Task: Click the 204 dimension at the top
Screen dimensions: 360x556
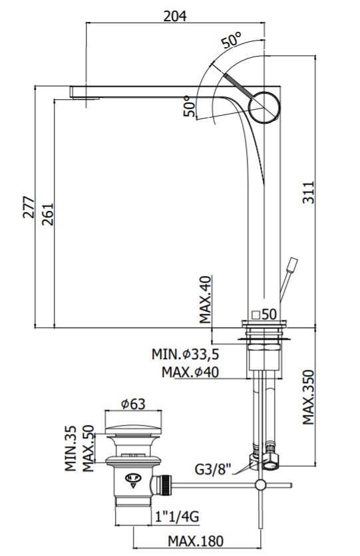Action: [174, 16]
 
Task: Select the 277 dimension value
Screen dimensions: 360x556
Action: [29, 207]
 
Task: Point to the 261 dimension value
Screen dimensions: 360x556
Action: [47, 213]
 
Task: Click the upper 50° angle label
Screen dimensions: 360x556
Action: [232, 40]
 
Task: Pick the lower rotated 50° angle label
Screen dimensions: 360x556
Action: [190, 106]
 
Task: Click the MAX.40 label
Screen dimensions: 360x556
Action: [205, 300]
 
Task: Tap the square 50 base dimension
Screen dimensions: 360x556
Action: [264, 314]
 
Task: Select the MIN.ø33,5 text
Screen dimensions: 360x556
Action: [186, 354]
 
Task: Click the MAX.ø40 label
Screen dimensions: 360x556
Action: [190, 372]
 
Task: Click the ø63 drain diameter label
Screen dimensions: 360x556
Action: [133, 404]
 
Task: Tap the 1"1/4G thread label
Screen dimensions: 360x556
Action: [177, 517]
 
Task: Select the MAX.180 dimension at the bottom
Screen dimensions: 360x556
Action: [196, 541]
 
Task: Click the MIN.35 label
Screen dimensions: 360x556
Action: [71, 448]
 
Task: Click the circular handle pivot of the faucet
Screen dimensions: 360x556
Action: [266, 107]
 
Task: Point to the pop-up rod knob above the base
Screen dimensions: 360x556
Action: [293, 265]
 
